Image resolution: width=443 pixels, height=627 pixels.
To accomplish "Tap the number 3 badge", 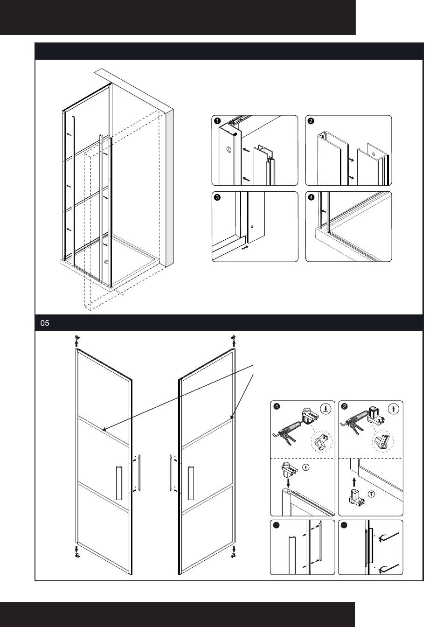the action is pos(217,197).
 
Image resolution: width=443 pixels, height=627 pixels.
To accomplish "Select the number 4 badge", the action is pos(311,197).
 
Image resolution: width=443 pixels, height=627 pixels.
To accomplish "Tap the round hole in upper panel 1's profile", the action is pos(228,150).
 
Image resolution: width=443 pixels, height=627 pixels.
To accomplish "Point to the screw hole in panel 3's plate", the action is pos(252,227).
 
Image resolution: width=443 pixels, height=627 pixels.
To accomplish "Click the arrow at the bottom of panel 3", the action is pos(244,248).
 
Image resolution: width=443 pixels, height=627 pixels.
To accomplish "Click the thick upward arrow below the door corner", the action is pos(354,481).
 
